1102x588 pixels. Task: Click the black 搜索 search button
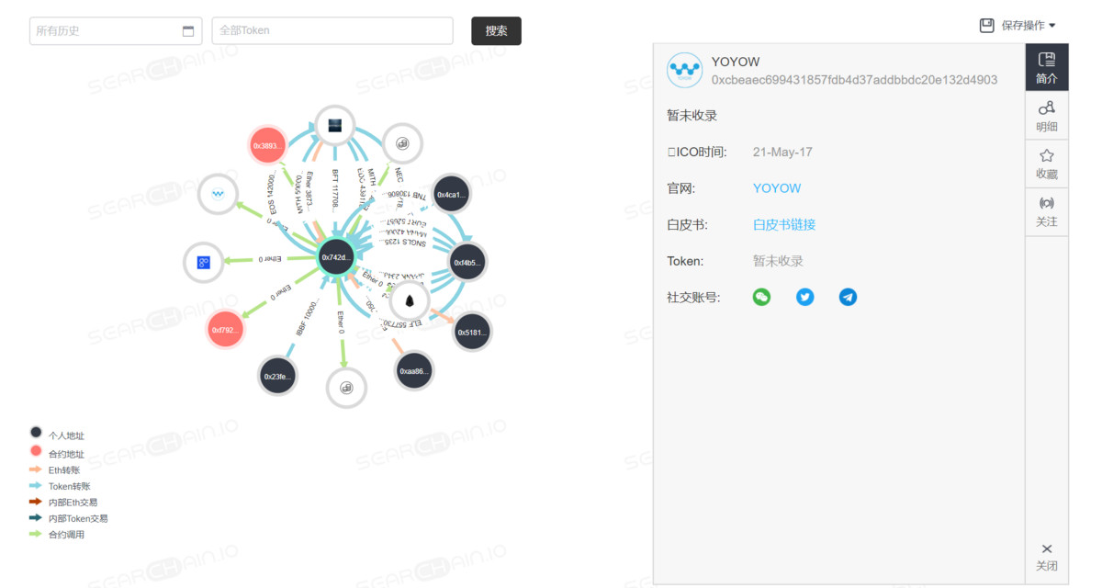(496, 30)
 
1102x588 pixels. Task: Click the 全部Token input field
(332, 30)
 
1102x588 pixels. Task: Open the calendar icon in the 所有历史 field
(188, 31)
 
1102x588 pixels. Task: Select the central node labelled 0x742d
(337, 257)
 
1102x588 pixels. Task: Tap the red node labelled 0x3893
(269, 146)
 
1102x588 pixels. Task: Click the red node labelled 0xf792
(226, 329)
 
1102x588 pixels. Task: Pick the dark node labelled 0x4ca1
(452, 195)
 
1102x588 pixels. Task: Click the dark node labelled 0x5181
(472, 332)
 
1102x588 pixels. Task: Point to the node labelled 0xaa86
(413, 371)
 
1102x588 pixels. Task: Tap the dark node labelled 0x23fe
(277, 376)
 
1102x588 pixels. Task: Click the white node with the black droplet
(410, 300)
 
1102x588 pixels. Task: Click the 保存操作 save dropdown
(1018, 26)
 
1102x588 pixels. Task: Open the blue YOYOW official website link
(777, 188)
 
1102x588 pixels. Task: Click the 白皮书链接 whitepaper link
(784, 224)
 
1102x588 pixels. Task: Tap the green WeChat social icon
(761, 297)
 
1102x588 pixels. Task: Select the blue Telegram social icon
(848, 297)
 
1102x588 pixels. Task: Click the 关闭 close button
(1047, 556)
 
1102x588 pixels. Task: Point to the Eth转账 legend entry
(64, 469)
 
